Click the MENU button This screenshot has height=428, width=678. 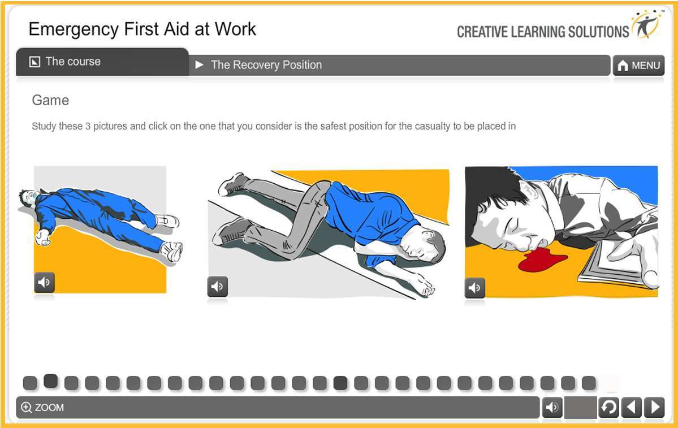[638, 66]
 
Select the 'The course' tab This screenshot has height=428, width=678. [72, 62]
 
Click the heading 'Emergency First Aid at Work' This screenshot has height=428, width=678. [142, 29]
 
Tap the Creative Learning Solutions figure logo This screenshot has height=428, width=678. [647, 24]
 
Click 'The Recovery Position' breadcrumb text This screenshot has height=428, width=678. [266, 65]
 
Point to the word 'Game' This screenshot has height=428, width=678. [50, 101]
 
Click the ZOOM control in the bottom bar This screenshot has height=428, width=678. [43, 407]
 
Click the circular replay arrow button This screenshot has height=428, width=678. [608, 407]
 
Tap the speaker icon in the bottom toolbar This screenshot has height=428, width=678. [552, 407]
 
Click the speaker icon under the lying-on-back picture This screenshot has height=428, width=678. [44, 282]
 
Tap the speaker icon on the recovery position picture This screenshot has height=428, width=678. [217, 287]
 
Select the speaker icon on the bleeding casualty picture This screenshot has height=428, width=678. [475, 288]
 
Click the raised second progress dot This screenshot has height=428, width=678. [51, 381]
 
